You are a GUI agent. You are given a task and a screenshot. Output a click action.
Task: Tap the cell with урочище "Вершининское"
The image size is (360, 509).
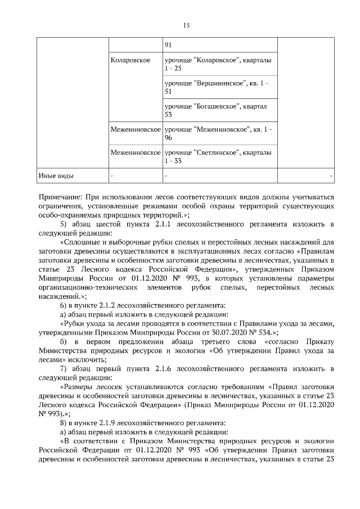(x=220, y=87)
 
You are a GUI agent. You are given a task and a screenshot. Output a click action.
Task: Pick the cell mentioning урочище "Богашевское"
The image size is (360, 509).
(x=220, y=110)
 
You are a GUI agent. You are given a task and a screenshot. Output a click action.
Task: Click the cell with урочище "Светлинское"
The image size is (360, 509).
(x=220, y=156)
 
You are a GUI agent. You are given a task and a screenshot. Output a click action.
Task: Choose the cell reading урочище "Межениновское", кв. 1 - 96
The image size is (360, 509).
(x=220, y=133)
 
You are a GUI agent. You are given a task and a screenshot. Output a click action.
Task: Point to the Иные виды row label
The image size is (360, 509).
(x=56, y=175)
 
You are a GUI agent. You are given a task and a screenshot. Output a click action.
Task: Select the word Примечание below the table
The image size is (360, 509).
(x=60, y=197)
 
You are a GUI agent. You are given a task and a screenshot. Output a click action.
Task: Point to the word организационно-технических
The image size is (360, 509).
(x=82, y=286)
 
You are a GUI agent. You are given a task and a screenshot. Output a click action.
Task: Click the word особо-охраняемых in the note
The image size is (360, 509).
(x=71, y=214)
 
